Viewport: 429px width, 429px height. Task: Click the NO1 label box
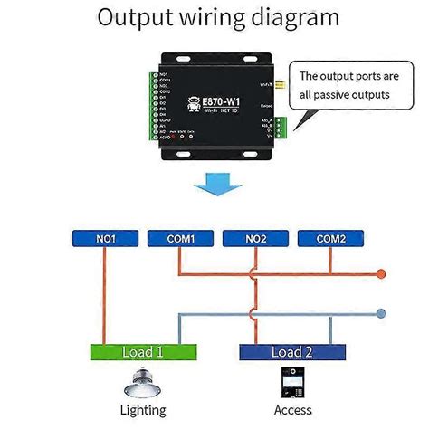[104, 240]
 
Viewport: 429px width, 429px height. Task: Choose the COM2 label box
[329, 240]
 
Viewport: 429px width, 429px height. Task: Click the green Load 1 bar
[143, 351]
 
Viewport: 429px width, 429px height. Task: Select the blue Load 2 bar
[293, 351]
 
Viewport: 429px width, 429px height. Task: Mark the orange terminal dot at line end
[381, 272]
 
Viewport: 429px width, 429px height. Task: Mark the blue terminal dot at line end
[381, 313]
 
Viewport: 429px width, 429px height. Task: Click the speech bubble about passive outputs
[350, 85]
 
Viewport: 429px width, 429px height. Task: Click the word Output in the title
[136, 17]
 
